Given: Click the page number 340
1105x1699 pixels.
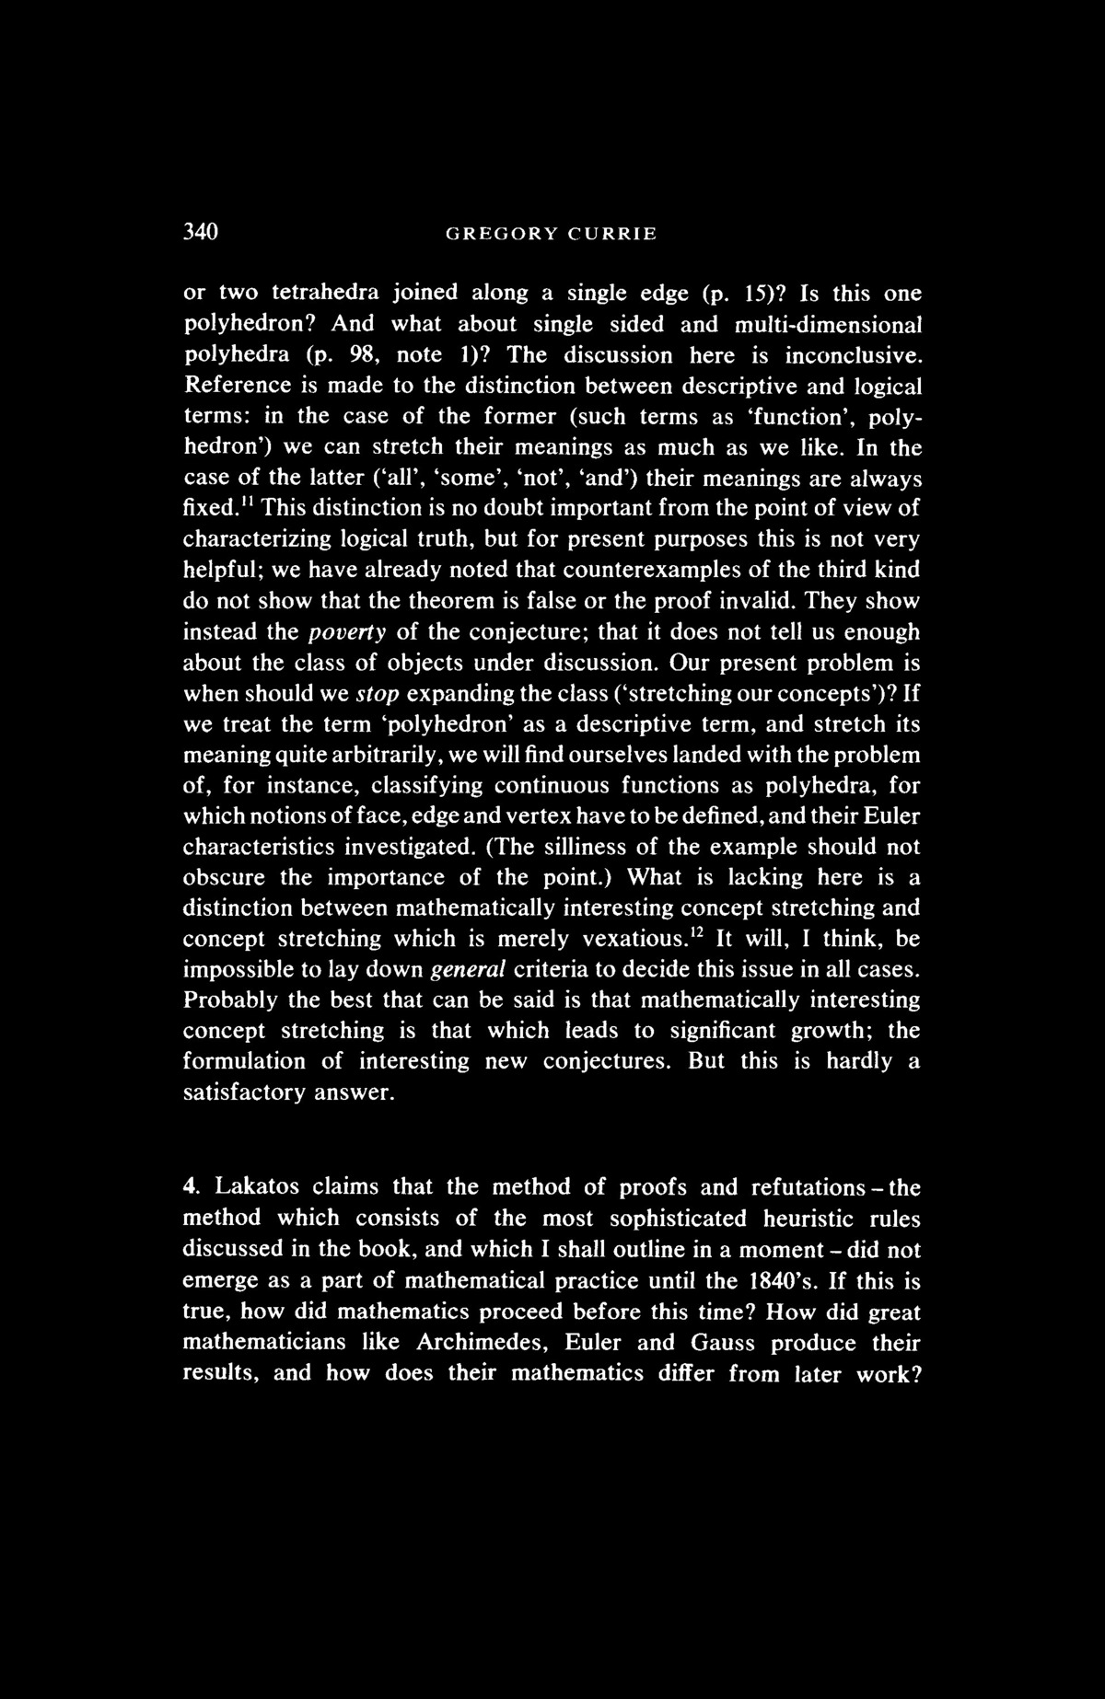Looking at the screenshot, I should (x=200, y=233).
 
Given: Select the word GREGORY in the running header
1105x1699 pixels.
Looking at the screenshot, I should (x=497, y=234).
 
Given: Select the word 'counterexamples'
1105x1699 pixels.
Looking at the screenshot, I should (x=636, y=571).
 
